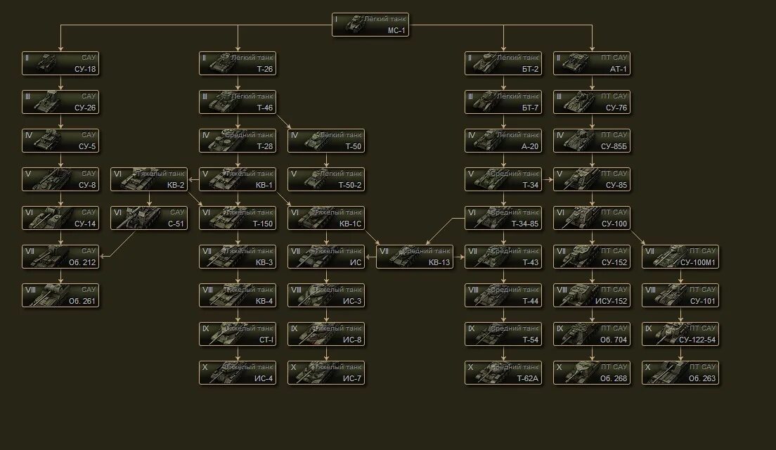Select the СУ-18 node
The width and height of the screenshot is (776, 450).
pos(60,63)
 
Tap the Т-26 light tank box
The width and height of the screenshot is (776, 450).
pos(238,63)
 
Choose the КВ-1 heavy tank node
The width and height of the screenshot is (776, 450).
pos(238,179)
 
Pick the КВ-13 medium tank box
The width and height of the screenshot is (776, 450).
pos(415,257)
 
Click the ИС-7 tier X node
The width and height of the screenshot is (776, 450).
pos(326,373)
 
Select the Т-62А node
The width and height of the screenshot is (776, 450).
pos(503,373)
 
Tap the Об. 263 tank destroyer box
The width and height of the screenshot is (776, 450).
pos(680,373)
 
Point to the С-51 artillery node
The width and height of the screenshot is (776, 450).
pos(148,218)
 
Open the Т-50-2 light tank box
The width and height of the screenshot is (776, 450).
pos(326,179)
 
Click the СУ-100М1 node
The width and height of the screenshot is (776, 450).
pos(680,257)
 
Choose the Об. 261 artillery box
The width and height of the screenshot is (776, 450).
pos(60,295)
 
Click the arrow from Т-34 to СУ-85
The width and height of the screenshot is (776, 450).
pos(548,179)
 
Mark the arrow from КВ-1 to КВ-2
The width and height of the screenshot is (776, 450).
pos(193,179)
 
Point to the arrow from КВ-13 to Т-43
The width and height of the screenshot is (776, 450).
pos(459,257)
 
